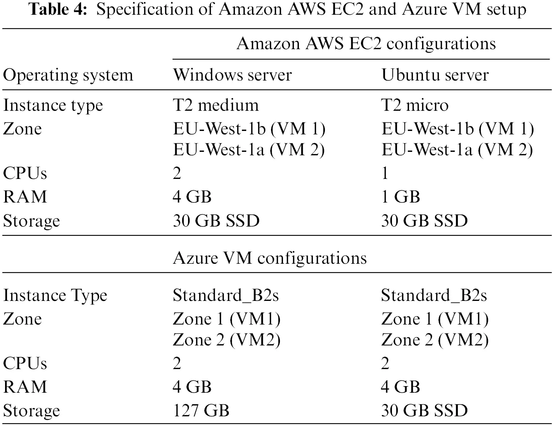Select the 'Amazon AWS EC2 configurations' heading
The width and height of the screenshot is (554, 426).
coord(366,44)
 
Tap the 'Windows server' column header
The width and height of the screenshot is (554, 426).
coord(233,75)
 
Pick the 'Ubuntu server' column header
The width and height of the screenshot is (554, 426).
coord(435,75)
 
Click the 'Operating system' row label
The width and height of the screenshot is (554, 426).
coord(68,76)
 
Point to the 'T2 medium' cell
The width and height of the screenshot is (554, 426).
coord(216,105)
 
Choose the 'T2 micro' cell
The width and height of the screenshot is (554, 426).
coord(415,105)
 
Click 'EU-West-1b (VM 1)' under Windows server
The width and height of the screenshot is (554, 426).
coord(249,129)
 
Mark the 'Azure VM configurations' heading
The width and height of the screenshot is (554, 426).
coord(270,258)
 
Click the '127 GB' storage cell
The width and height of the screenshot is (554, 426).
coord(201,411)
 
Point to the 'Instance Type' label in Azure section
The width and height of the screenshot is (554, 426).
coord(55,296)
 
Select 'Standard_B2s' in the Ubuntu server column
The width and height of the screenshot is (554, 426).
coord(434,296)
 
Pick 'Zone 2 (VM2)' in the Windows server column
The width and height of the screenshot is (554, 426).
coord(227,340)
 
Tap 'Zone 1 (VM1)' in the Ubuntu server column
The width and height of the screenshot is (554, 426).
coord(435,319)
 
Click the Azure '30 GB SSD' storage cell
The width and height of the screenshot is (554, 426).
coord(425,411)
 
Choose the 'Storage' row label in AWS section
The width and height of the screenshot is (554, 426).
coord(31,221)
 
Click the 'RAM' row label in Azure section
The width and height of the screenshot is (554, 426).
coord(25,387)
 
